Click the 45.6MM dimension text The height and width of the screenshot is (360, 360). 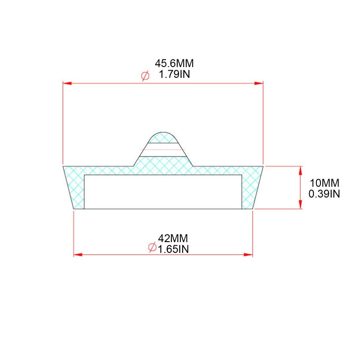tap(174, 63)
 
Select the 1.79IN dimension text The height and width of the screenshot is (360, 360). tap(175, 74)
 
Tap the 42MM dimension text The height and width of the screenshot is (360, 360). tap(173, 238)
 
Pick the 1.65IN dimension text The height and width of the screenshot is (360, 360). tap(173, 249)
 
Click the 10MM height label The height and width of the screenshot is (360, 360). tap(324, 183)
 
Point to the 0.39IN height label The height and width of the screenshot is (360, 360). tap(324, 194)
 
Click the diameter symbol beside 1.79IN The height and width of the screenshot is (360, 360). tap(145, 76)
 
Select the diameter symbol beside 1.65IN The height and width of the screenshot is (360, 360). tap(152, 247)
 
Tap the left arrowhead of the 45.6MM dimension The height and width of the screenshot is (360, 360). tap(67, 83)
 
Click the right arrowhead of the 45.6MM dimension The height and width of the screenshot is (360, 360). tap(259, 83)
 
